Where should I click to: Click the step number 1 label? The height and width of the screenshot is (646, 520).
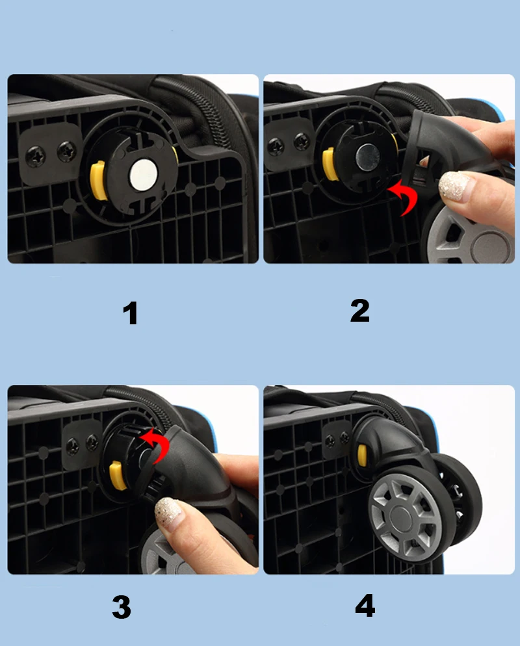tap(130, 313)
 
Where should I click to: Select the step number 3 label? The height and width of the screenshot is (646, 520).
tap(122, 606)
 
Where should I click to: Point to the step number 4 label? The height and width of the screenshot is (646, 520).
tap(365, 605)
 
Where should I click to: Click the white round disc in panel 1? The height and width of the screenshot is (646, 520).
tap(144, 173)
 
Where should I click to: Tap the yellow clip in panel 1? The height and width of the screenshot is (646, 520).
tap(98, 181)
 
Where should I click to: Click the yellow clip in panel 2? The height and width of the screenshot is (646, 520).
tap(329, 164)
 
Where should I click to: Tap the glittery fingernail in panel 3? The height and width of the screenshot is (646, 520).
tap(168, 510)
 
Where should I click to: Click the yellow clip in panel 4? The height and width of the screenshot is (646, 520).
tap(362, 454)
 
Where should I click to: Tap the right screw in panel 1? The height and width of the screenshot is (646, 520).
tap(66, 151)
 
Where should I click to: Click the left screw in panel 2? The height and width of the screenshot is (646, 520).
tap(275, 146)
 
